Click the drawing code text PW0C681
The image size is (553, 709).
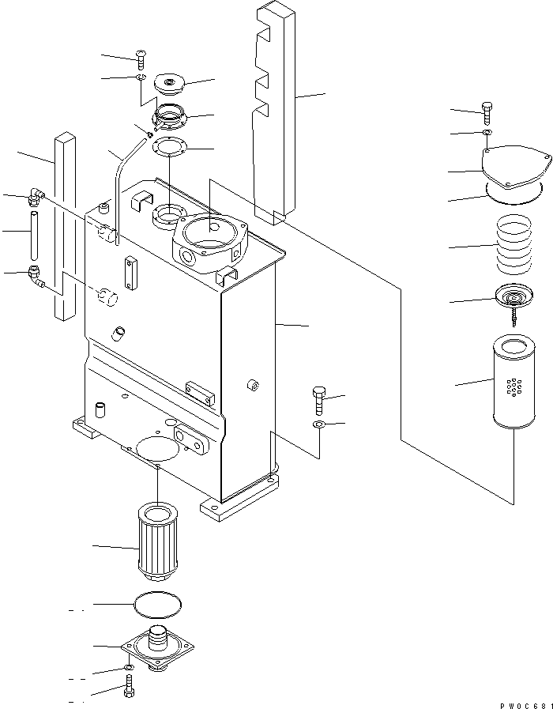(x=524, y=703)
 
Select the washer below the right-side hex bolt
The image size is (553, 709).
(x=319, y=426)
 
